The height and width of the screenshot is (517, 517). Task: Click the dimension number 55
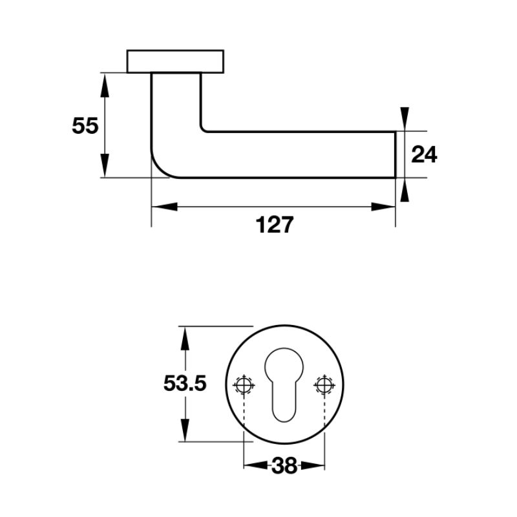pyautogui.click(x=85, y=125)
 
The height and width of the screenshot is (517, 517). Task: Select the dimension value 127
pyautogui.click(x=274, y=225)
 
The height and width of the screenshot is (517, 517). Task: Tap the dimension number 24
pyautogui.click(x=424, y=154)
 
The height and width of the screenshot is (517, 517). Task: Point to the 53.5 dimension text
pyautogui.click(x=185, y=383)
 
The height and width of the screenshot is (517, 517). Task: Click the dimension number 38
pyautogui.click(x=284, y=466)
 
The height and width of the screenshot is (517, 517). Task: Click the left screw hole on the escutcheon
pyautogui.click(x=244, y=385)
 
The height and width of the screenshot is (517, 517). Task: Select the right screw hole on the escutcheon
pyautogui.click(x=324, y=385)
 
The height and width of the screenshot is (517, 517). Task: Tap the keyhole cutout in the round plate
pyautogui.click(x=284, y=385)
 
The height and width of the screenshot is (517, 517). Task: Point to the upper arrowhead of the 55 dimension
pyautogui.click(x=105, y=85)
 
